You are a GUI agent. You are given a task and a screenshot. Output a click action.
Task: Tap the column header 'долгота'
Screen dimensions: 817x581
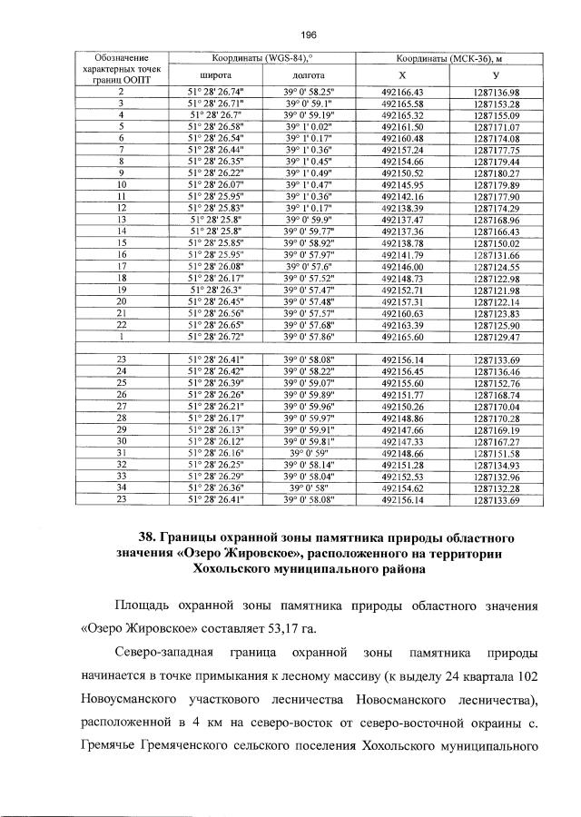309,73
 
